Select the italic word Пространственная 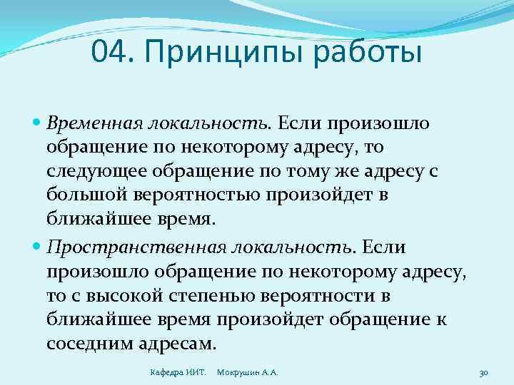136,247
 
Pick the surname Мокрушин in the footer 238,372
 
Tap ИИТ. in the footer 198,372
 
